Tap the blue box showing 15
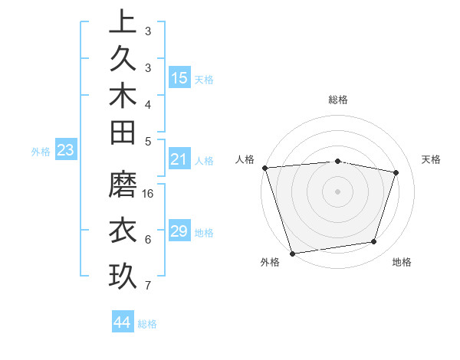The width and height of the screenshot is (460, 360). [179, 78]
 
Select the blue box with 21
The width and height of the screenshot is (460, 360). [179, 159]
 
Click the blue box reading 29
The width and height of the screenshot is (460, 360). [179, 231]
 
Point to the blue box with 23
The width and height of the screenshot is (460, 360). [65, 151]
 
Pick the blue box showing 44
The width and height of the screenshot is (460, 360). [123, 322]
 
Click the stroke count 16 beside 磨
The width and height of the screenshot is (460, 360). [149, 194]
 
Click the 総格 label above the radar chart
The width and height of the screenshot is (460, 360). [337, 100]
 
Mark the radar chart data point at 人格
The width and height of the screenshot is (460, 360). [264, 168]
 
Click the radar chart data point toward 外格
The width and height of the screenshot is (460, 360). [292, 253]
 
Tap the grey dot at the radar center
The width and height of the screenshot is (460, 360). [337, 191]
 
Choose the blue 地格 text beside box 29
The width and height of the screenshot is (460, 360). [204, 233]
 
